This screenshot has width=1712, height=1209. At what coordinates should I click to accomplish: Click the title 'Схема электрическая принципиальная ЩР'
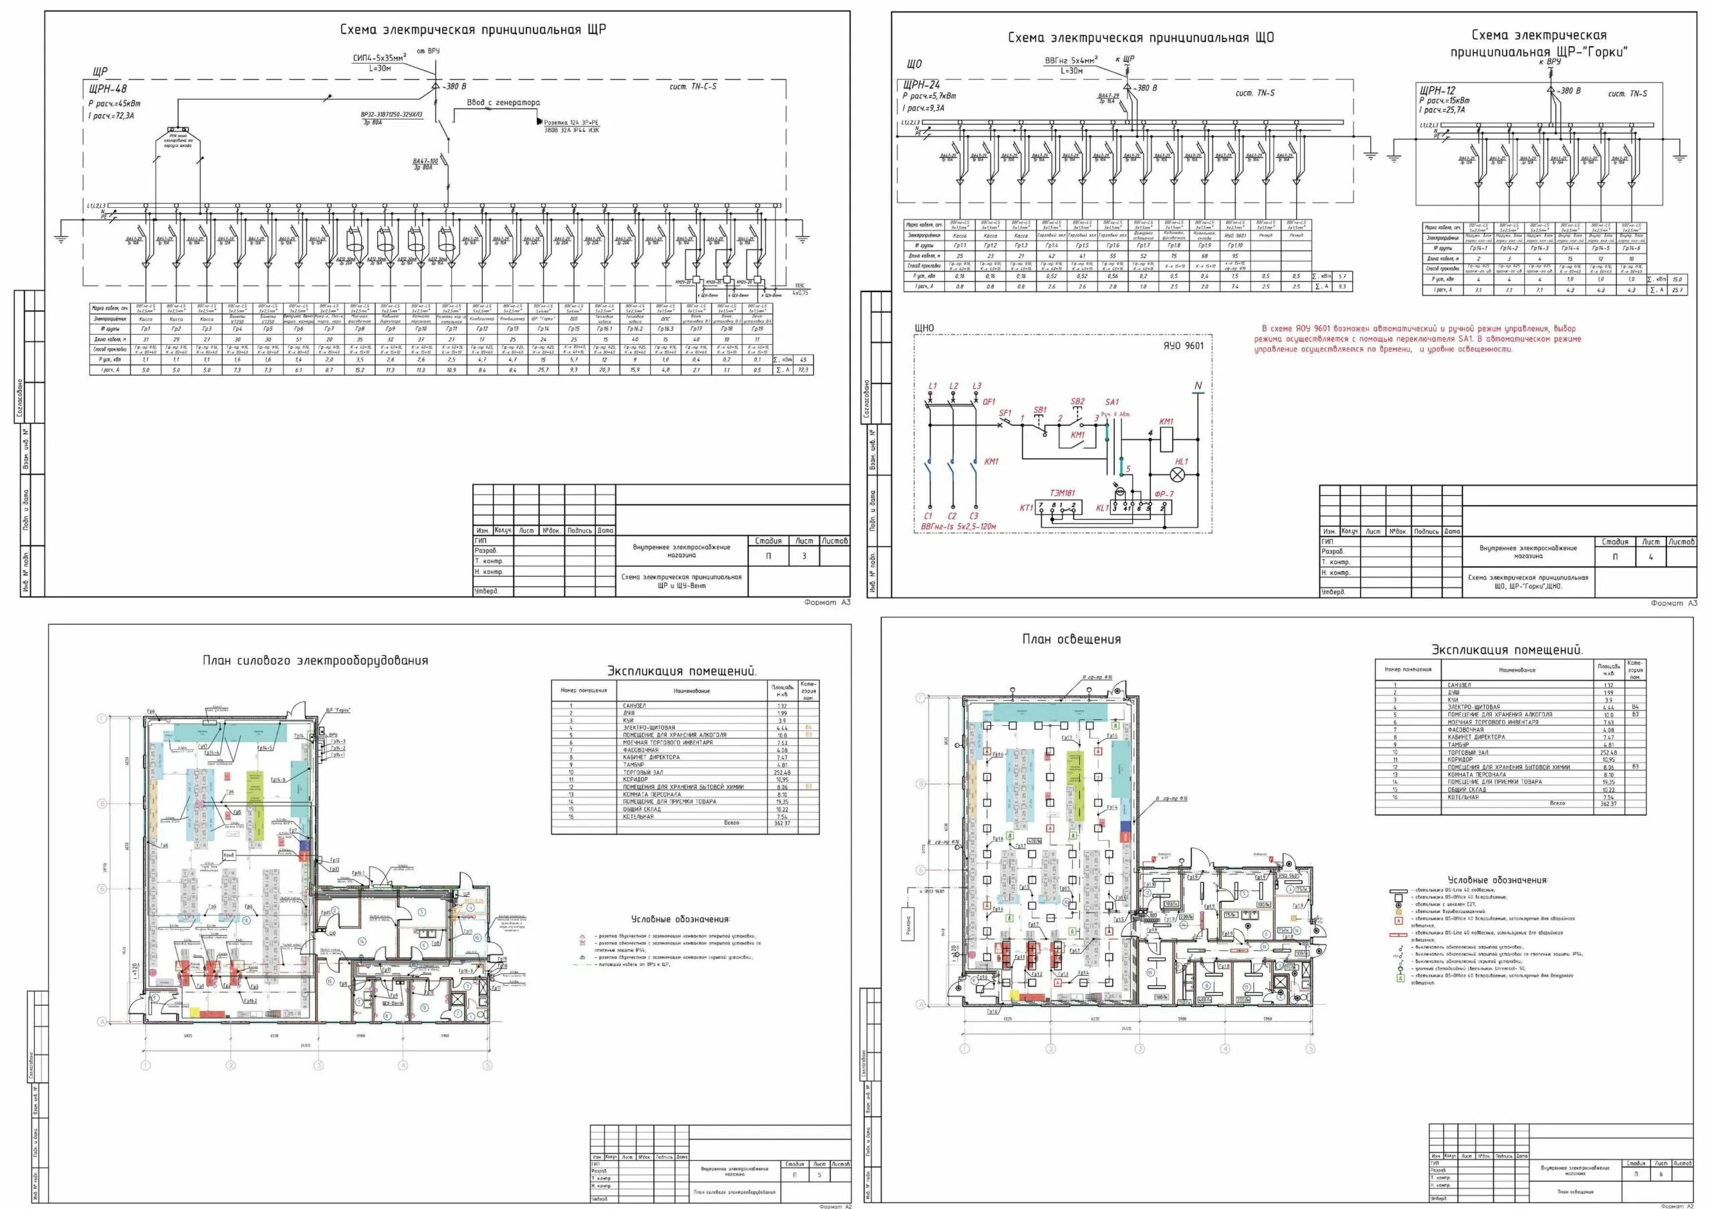[473, 30]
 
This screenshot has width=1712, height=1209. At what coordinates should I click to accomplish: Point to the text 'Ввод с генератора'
[504, 102]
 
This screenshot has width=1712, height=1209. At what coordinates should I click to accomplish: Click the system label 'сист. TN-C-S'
[693, 86]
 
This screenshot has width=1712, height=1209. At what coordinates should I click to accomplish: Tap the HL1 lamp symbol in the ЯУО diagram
[1179, 474]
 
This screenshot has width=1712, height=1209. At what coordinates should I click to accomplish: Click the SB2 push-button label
[1077, 402]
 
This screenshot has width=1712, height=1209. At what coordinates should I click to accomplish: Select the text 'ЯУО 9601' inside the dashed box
[1182, 345]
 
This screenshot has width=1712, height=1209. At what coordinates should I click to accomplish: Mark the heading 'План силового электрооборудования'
[315, 660]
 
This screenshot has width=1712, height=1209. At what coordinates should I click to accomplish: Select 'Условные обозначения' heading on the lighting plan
[1497, 880]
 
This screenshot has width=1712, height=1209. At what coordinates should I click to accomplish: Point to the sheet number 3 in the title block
[804, 555]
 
